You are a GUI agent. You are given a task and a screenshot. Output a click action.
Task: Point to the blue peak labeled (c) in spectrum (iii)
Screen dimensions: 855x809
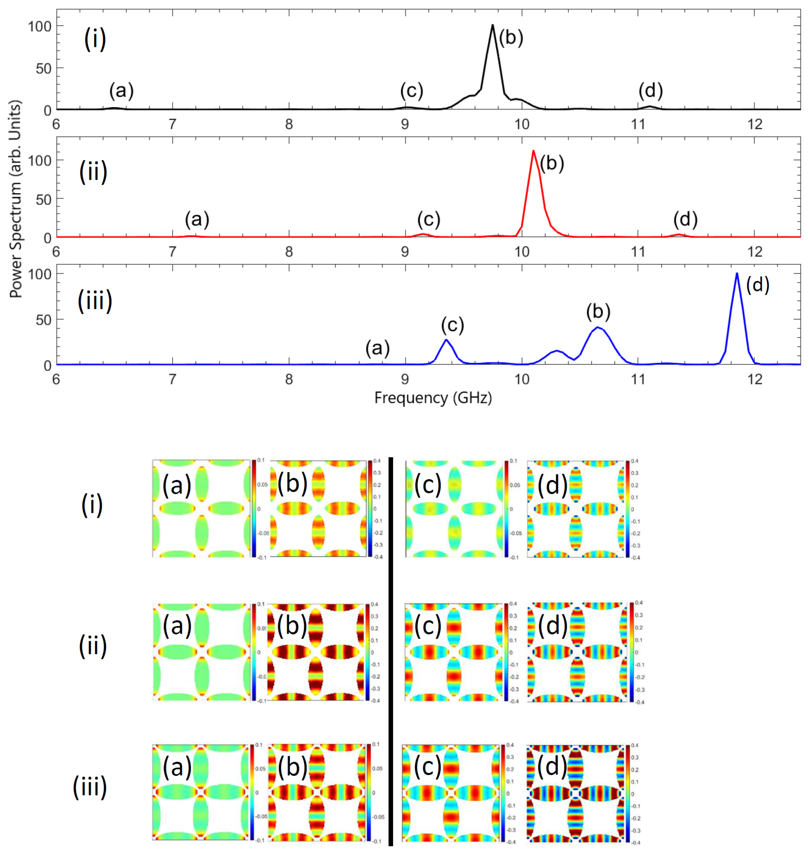point(446,341)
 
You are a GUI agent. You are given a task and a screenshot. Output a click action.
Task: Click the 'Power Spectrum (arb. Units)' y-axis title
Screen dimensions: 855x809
point(16,198)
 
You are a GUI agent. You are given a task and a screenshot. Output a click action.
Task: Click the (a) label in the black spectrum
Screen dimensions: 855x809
point(121,91)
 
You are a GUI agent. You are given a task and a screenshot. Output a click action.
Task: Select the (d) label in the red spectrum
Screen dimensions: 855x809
point(685,220)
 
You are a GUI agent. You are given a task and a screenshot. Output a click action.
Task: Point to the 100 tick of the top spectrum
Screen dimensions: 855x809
point(40,27)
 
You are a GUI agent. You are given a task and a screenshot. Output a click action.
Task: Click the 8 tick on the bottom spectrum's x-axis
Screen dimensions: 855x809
point(289,379)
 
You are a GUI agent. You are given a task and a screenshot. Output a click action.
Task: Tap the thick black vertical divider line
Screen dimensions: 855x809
point(391,647)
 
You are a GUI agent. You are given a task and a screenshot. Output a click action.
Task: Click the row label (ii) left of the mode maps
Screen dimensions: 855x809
point(92,646)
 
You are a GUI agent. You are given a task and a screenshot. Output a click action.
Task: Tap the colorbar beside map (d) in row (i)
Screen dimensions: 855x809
point(628,509)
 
